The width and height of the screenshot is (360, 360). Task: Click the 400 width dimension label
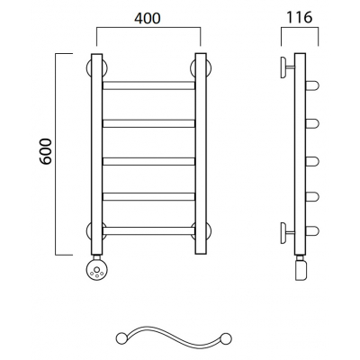148,19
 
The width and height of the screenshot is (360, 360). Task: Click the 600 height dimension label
46,151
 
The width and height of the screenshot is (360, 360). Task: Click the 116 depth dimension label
300,18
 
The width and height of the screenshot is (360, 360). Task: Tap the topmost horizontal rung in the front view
148,85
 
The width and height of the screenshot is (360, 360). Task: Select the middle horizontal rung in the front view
148,161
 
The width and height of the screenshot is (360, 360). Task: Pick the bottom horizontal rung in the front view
148,230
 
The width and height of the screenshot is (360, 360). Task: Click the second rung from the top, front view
148,123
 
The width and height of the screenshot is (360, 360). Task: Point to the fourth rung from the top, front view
148,196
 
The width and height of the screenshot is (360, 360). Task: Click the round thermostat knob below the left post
96,269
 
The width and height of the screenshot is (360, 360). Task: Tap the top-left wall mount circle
96,68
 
